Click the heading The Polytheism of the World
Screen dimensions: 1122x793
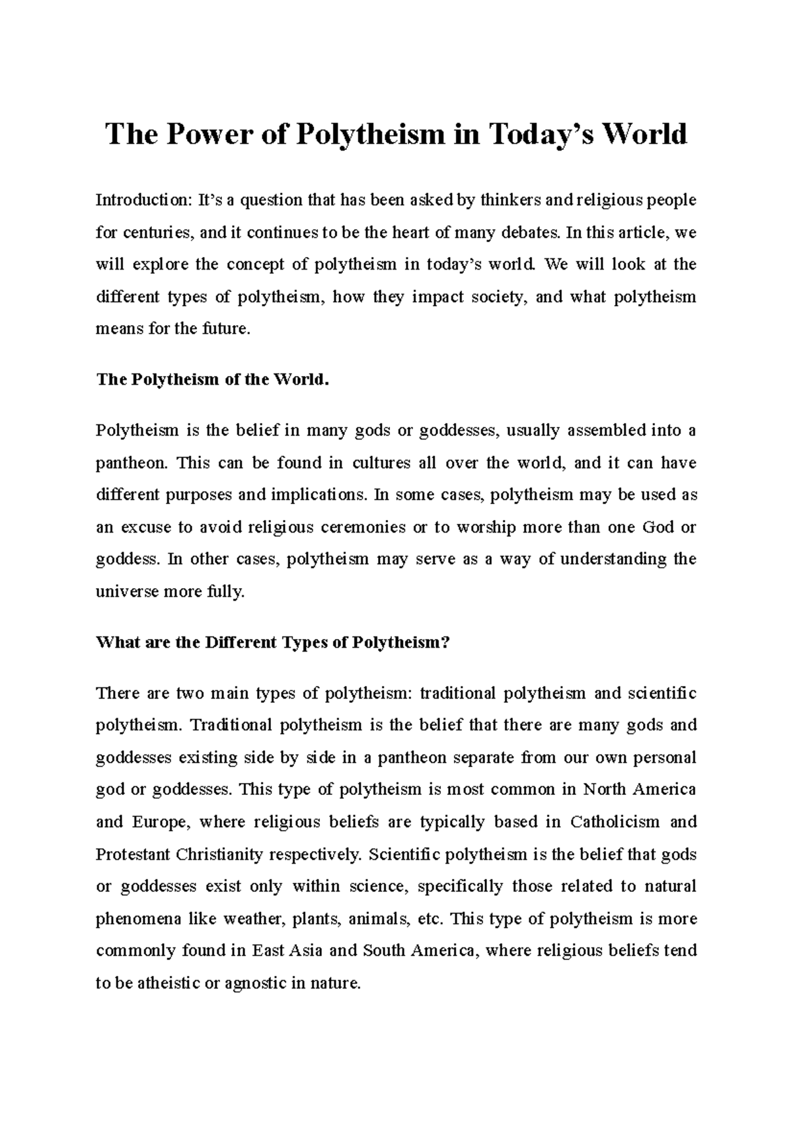click(x=212, y=380)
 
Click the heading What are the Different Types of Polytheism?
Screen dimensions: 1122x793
click(x=272, y=642)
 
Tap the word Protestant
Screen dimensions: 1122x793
click(x=132, y=854)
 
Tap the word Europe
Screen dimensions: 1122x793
click(x=161, y=822)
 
